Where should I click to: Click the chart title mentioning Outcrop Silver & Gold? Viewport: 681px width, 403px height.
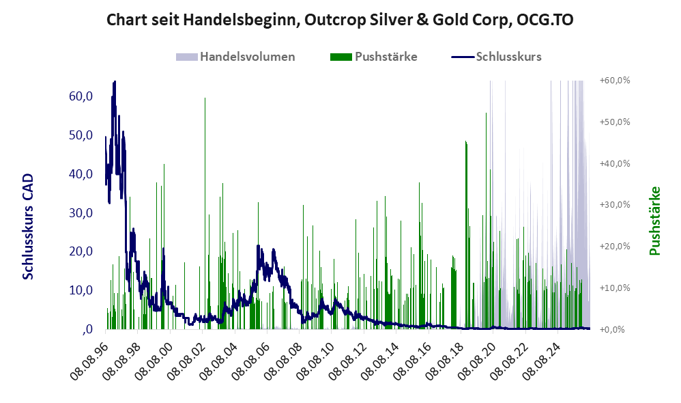pyautogui.click(x=340, y=20)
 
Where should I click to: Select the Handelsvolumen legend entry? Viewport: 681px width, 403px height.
pyautogui.click(x=235, y=57)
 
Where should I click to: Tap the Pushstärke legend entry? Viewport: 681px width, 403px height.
pyautogui.click(x=373, y=57)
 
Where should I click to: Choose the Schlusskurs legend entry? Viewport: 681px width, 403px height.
pyautogui.click(x=496, y=57)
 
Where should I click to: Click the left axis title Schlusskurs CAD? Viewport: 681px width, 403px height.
pyautogui.click(x=27, y=227)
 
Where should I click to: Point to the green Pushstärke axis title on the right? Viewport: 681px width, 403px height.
pyautogui.click(x=654, y=221)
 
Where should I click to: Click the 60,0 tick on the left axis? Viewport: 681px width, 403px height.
pyautogui.click(x=81, y=96)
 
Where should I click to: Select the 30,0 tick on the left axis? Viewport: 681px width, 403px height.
pyautogui.click(x=81, y=212)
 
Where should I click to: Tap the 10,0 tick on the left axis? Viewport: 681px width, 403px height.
pyautogui.click(x=81, y=290)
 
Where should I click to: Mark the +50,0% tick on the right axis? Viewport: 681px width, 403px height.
pyautogui.click(x=615, y=122)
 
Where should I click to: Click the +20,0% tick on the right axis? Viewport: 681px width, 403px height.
pyautogui.click(x=615, y=246)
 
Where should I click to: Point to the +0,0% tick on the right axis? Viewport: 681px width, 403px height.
pyautogui.click(x=615, y=329)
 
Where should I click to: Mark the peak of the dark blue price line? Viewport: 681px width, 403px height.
pyautogui.click(x=115, y=81)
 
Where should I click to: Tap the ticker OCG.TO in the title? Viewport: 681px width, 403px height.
pyautogui.click(x=545, y=20)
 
